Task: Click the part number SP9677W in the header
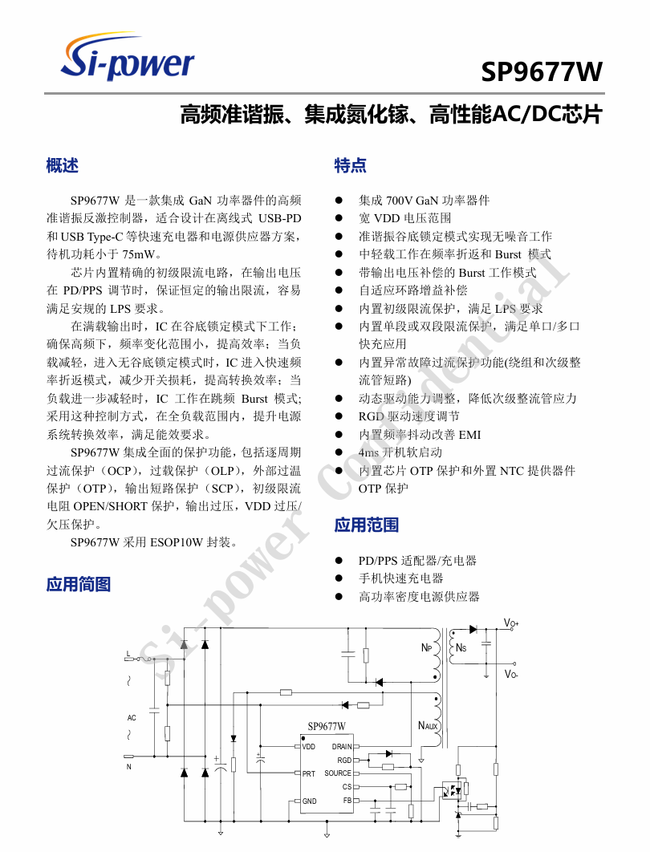pyautogui.click(x=542, y=73)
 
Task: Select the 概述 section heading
pyautogui.click(x=63, y=166)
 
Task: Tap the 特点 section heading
pyautogui.click(x=351, y=166)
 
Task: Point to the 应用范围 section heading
pyautogui.click(x=367, y=525)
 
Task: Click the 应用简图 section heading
pyautogui.click(x=79, y=585)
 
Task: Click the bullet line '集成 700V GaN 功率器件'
pyautogui.click(x=424, y=201)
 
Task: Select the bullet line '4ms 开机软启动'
pyautogui.click(x=400, y=452)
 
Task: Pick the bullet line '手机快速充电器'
pyautogui.click(x=400, y=578)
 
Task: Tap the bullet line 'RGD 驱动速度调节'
pyautogui.click(x=408, y=416)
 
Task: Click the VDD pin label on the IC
pyautogui.click(x=309, y=746)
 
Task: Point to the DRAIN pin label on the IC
pyautogui.click(x=341, y=746)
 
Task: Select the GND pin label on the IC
pyautogui.click(x=309, y=801)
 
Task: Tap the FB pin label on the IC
pyautogui.click(x=347, y=801)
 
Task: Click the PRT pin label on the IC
pyautogui.click(x=308, y=773)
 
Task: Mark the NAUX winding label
pyautogui.click(x=428, y=726)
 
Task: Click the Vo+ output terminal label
pyautogui.click(x=511, y=623)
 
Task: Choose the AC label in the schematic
pyautogui.click(x=132, y=717)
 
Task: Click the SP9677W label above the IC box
pyautogui.click(x=327, y=726)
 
